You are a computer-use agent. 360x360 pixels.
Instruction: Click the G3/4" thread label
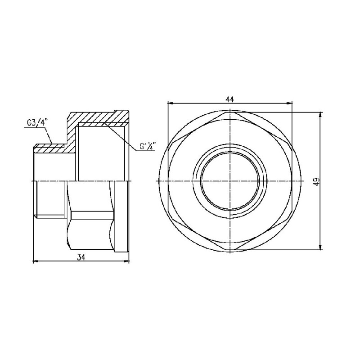click(35, 122)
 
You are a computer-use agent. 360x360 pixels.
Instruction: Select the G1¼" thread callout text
click(147, 146)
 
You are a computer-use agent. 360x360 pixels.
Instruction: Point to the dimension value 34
click(81, 257)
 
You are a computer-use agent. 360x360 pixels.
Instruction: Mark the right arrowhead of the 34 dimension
click(126, 260)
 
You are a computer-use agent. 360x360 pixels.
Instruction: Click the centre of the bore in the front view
click(229, 180)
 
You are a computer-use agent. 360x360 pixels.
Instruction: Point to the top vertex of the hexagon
click(229, 112)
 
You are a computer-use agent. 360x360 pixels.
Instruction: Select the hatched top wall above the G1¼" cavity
click(99, 119)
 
